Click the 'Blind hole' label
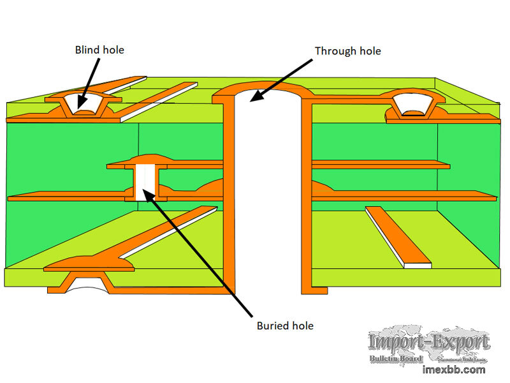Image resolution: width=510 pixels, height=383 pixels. pyautogui.click(x=99, y=49)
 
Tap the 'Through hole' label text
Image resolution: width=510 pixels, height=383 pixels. pyautogui.click(x=347, y=50)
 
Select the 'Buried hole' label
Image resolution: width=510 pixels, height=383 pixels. pyautogui.click(x=285, y=326)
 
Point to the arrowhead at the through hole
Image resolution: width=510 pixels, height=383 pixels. pyautogui.click(x=256, y=96)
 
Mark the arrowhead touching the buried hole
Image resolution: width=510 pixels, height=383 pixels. pyautogui.click(x=147, y=191)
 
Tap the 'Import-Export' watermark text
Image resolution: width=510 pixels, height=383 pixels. pyautogui.click(x=429, y=343)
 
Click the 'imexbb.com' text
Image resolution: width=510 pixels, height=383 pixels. pyautogui.click(x=453, y=370)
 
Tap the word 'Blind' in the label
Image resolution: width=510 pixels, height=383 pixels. pyautogui.click(x=87, y=49)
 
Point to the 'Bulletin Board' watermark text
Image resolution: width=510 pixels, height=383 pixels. pyautogui.click(x=396, y=359)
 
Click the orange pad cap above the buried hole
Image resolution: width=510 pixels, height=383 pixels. pyautogui.click(x=147, y=157)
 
